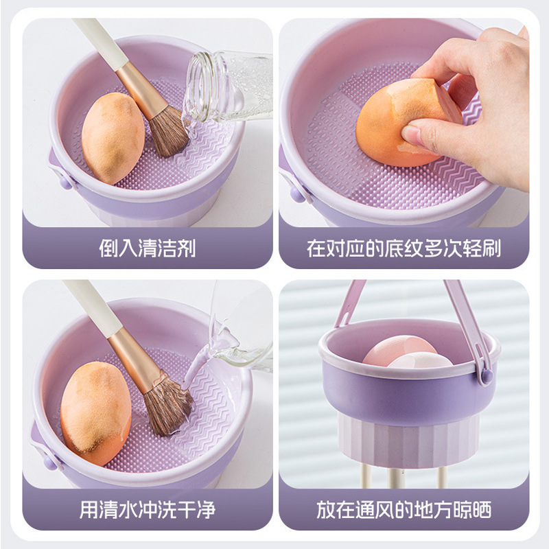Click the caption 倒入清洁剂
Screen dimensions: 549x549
[147, 248]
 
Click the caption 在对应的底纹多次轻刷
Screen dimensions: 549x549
[404, 248]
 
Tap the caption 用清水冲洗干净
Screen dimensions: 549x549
[147, 510]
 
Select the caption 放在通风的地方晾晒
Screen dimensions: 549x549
[404, 510]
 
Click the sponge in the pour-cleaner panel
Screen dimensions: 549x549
[113, 137]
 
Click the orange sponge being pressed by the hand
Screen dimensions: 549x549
[388, 127]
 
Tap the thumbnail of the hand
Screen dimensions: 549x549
[417, 132]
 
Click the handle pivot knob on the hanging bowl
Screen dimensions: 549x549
[487, 375]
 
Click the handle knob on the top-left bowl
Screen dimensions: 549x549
[66, 182]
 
